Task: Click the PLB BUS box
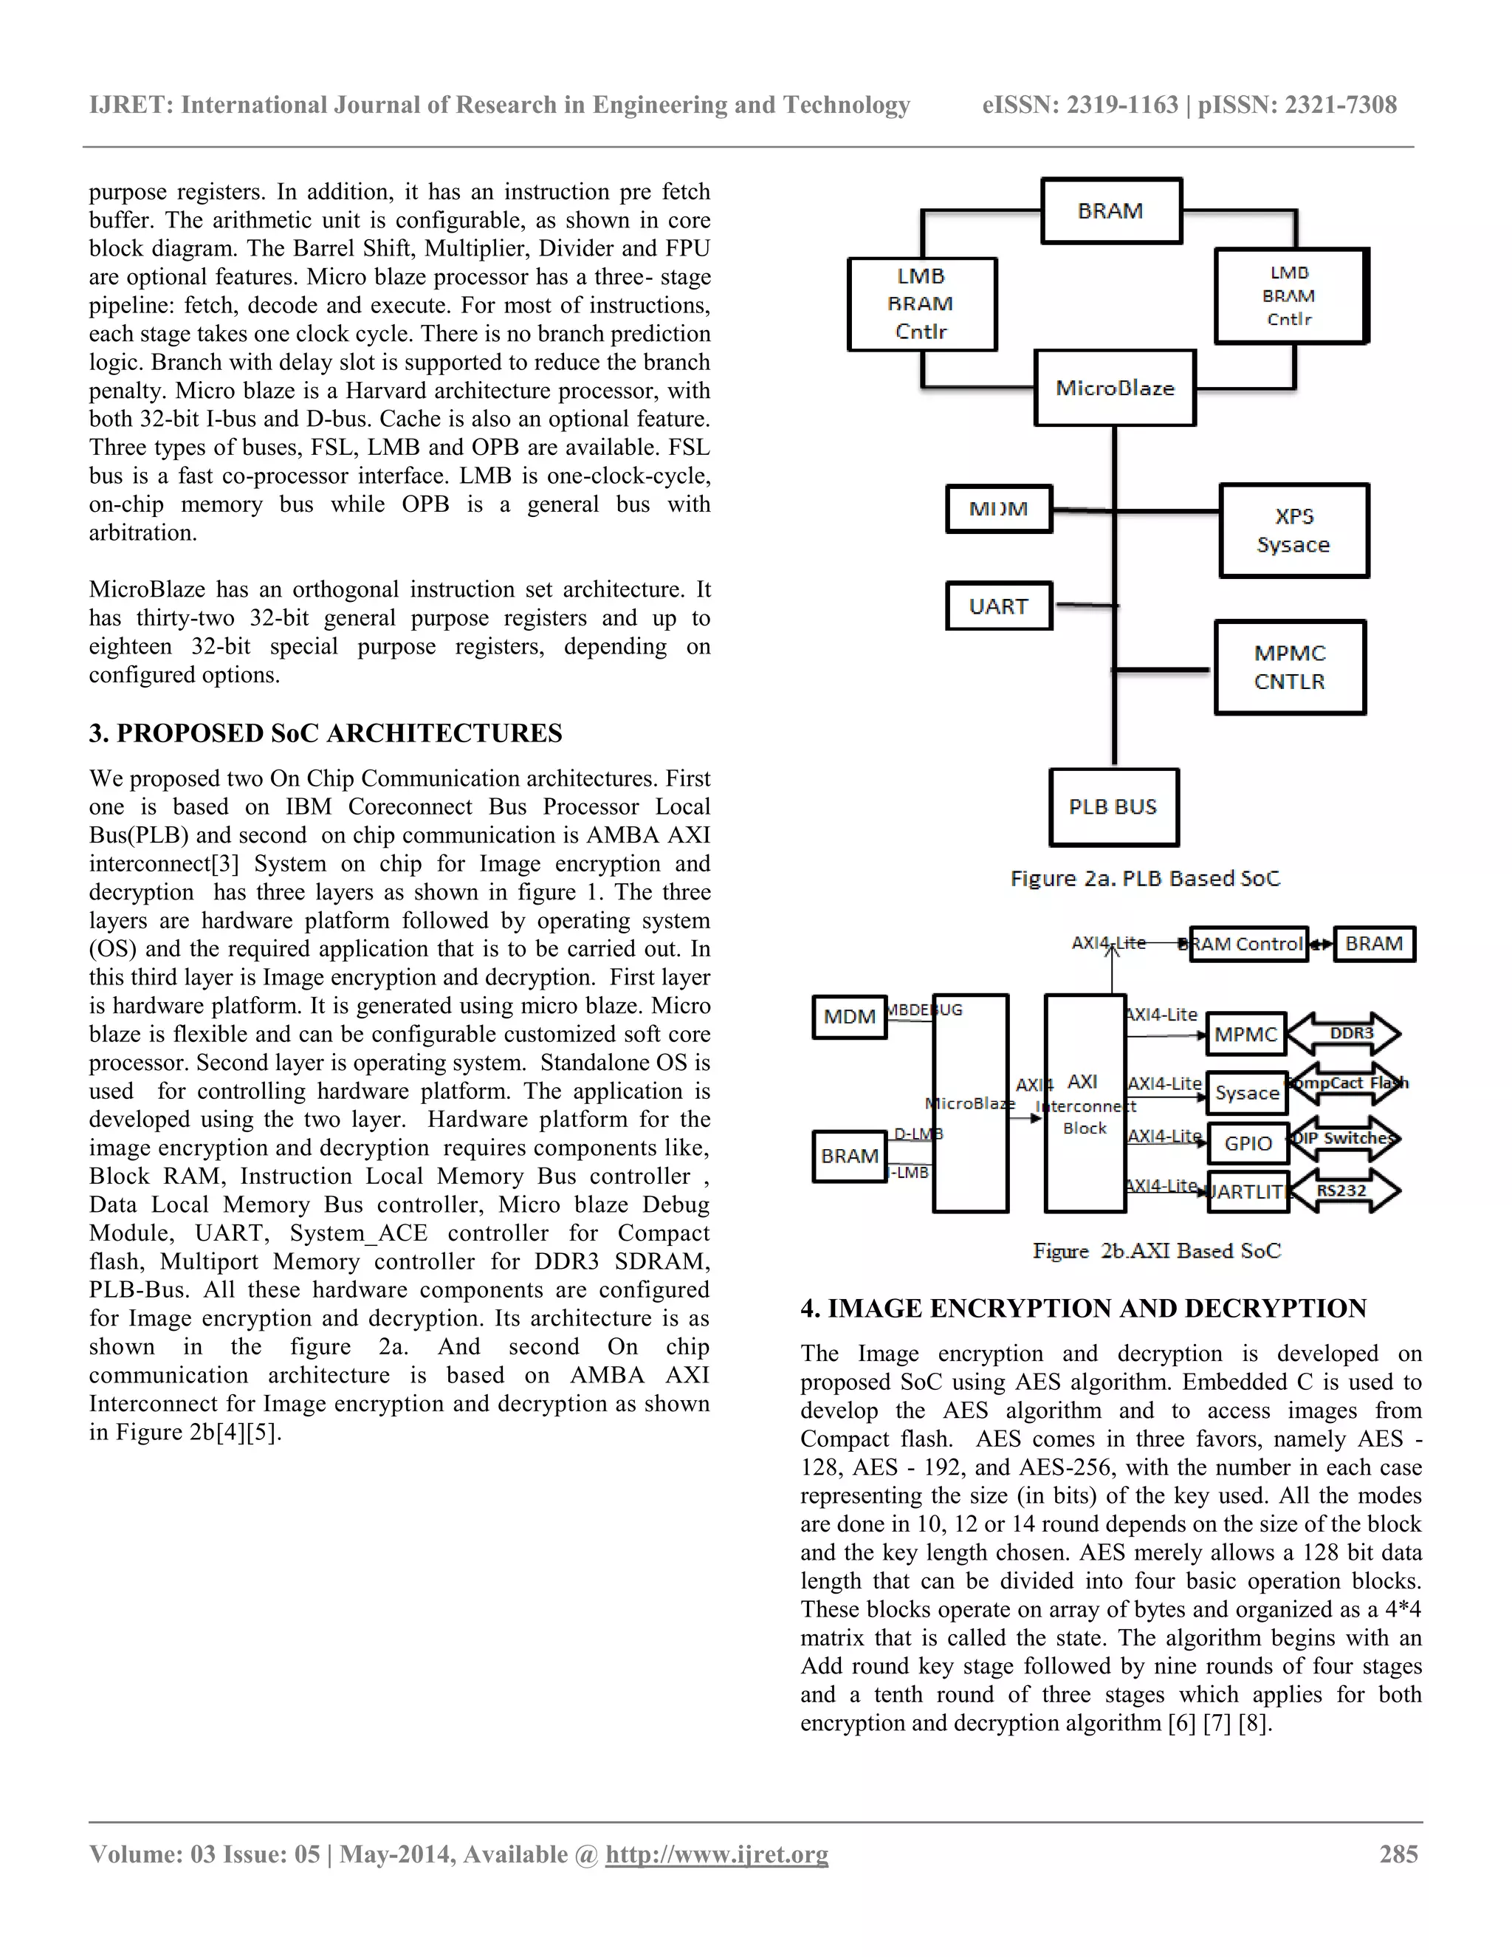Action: [1113, 806]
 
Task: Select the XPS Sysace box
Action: [1293, 530]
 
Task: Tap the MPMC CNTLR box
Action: [1290, 668]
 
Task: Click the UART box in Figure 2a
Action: [999, 606]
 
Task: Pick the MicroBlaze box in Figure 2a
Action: [1114, 388]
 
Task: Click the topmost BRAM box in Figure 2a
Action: [1110, 210]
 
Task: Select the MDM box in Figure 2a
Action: [999, 508]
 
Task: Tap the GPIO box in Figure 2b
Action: [1248, 1143]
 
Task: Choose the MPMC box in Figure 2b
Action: [1246, 1034]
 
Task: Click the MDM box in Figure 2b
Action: [849, 1016]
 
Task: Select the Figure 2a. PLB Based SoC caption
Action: [1145, 878]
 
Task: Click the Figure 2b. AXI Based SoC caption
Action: [1156, 1250]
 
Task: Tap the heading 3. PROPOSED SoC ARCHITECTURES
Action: [325, 733]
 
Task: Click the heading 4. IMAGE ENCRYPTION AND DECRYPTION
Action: [1083, 1309]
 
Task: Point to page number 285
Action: [1398, 1854]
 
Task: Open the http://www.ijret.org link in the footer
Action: [717, 1854]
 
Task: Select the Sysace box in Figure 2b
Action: [1247, 1093]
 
